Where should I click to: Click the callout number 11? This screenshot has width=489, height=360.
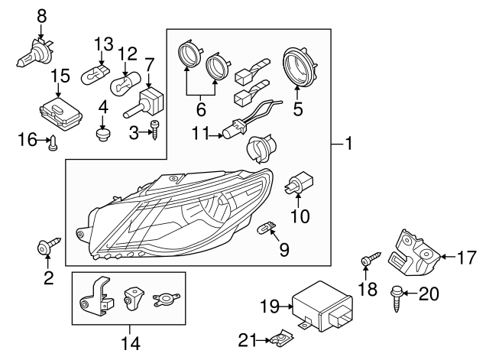click(199, 135)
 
